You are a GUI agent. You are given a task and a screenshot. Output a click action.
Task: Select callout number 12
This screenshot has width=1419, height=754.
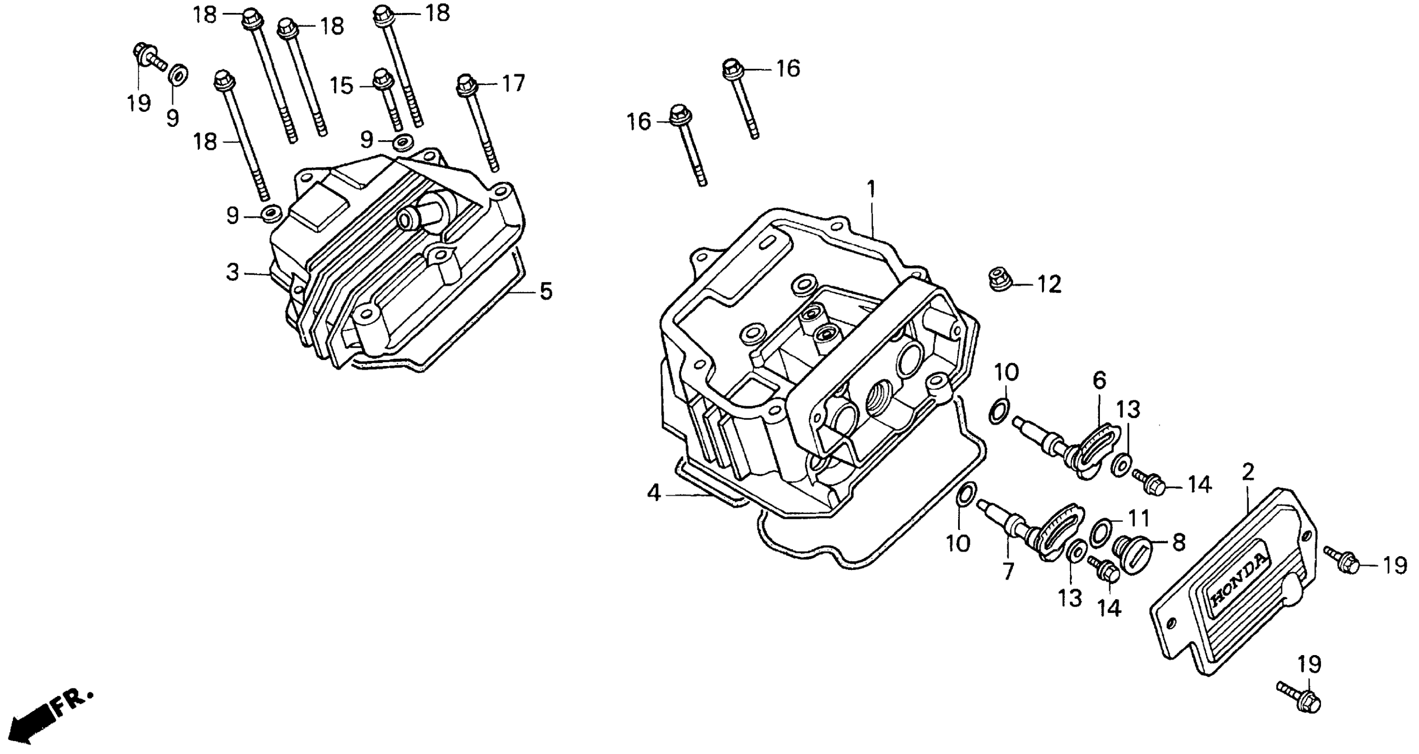coord(1049,285)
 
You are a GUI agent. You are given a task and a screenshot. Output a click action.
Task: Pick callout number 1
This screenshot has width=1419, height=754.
coord(870,189)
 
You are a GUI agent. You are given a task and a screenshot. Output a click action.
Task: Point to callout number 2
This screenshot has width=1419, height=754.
coord(1247,472)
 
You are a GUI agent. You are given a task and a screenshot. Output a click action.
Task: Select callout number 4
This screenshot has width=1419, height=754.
coord(654,493)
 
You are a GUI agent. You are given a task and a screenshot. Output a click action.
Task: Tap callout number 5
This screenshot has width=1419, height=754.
coord(546,291)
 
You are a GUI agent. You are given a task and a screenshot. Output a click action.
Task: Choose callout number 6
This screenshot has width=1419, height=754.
coord(1099,380)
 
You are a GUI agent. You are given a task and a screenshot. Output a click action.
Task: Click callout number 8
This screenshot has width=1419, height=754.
coord(1178,543)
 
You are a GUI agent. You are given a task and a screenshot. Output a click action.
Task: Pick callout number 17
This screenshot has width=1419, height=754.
coord(513,84)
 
